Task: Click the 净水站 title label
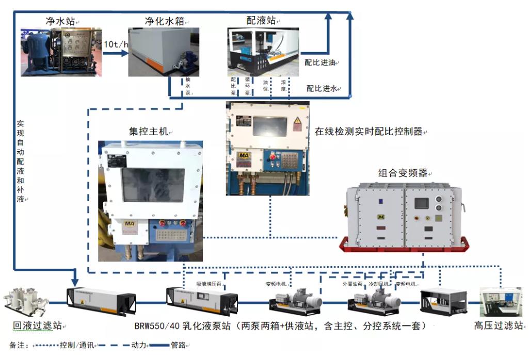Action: pos(60,21)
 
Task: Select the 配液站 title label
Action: pos(261,21)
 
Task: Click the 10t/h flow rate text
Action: pos(115,44)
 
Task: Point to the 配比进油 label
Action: pos(319,63)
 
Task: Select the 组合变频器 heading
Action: pos(404,173)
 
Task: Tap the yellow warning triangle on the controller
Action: pos(297,123)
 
